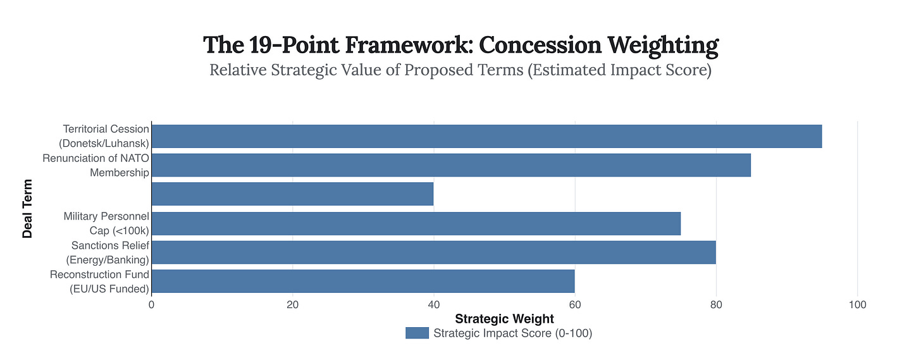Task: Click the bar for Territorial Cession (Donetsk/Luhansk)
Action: click(486, 136)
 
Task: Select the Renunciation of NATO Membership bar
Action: click(451, 165)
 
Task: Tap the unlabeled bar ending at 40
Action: click(292, 194)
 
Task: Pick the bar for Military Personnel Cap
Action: click(416, 223)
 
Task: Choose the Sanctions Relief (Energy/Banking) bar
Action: click(433, 252)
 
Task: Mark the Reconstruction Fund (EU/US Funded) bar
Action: click(363, 281)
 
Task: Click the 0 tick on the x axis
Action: click(152, 304)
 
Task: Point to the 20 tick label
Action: click(292, 304)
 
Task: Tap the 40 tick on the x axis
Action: click(433, 304)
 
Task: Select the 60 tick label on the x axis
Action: click(574, 304)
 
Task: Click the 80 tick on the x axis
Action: click(715, 304)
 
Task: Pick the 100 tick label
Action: click(856, 304)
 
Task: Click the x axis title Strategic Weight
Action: click(504, 318)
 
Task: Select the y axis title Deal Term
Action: click(27, 208)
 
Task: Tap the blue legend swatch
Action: click(417, 333)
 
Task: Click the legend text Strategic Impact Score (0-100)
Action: click(512, 333)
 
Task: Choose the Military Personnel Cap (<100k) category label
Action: click(106, 223)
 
